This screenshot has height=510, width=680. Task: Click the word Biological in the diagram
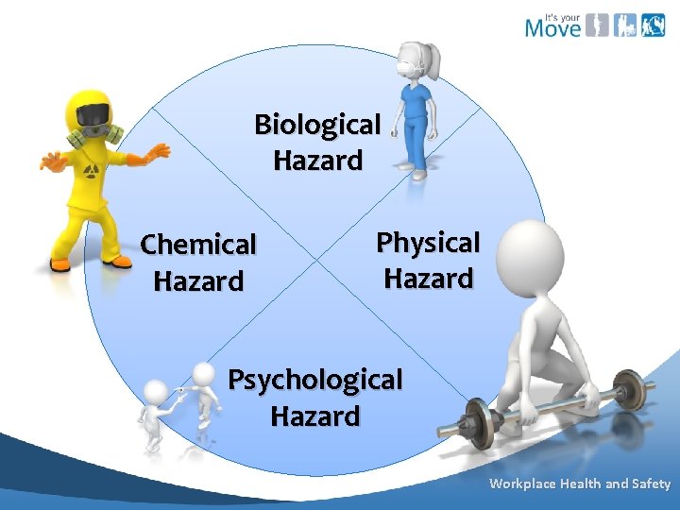pos(317,125)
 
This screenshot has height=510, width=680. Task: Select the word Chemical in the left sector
pos(198,246)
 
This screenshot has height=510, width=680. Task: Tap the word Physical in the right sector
pos(428,243)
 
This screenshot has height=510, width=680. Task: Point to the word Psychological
pos(315,380)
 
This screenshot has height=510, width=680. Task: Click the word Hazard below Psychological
pos(315,416)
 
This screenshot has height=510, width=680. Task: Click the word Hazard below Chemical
pos(198,280)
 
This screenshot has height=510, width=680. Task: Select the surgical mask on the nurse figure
pos(407,68)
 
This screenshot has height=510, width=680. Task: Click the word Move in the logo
pos(552,27)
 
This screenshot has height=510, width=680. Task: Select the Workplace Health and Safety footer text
pos(579,484)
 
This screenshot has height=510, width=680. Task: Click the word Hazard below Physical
pos(428,279)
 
